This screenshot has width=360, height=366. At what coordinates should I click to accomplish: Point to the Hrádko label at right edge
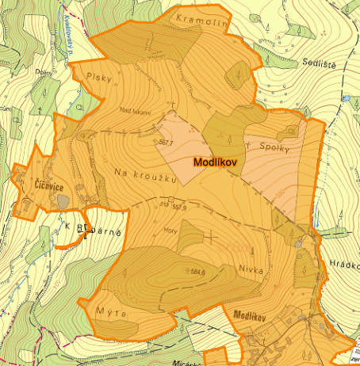coord(343,267)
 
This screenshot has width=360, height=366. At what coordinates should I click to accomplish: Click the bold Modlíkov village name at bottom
coord(254,315)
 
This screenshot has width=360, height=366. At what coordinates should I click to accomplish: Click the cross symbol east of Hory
coord(211,236)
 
